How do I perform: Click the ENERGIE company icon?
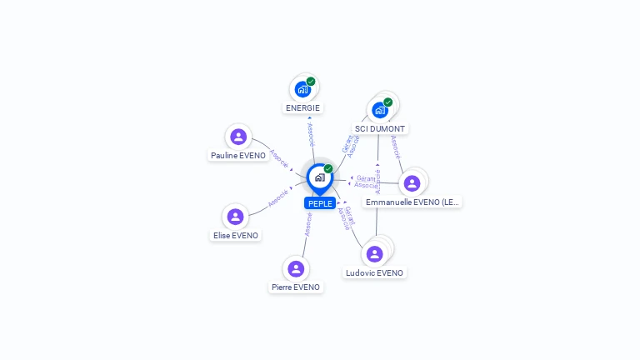[302, 89]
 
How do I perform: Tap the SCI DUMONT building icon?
[380, 110]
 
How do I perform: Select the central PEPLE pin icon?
[319, 177]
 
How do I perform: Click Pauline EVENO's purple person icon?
[238, 137]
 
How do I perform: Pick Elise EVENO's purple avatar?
[236, 217]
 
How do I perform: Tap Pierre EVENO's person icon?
[296, 268]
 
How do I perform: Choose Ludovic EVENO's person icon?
[374, 253]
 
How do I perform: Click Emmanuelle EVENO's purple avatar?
[412, 183]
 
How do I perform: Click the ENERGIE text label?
[302, 107]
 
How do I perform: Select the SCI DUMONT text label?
[380, 129]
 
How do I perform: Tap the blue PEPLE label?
[320, 203]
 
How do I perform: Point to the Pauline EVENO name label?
[238, 155]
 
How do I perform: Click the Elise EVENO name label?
[236, 235]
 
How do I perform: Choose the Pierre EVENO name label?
[296, 287]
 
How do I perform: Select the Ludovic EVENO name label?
[374, 272]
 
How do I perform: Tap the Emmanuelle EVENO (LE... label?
[412, 202]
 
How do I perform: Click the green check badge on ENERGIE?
[311, 82]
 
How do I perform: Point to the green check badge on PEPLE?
[328, 169]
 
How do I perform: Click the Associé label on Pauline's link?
[278, 158]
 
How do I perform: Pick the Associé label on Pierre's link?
[308, 224]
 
